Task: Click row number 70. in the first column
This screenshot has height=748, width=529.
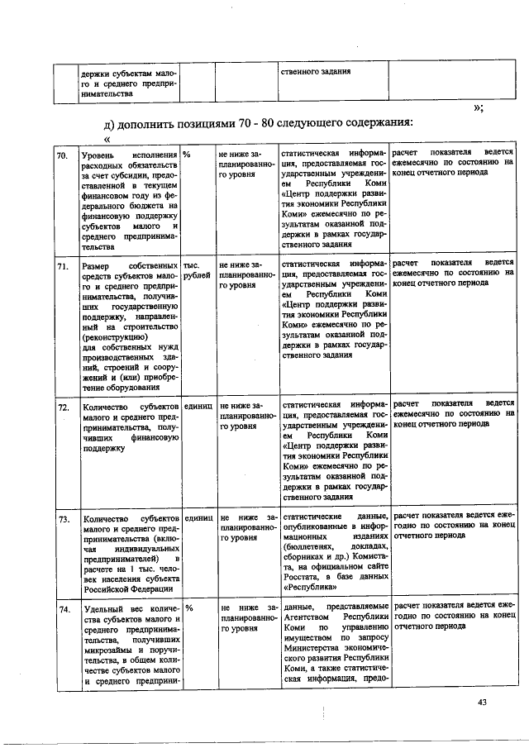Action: [62, 155]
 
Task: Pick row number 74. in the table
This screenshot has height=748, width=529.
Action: [62, 609]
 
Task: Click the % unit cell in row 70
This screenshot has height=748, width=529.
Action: [188, 155]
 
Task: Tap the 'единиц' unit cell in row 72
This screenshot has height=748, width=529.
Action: [199, 407]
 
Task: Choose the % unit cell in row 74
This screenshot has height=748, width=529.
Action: [188, 608]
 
